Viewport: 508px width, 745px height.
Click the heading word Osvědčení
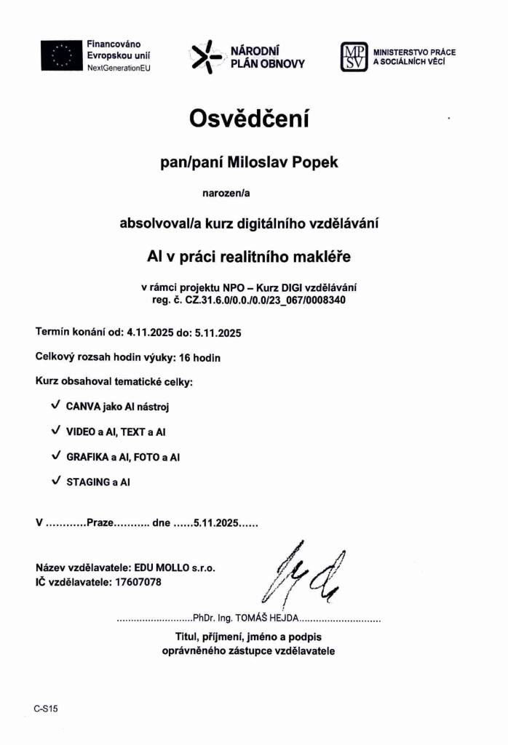[250, 119]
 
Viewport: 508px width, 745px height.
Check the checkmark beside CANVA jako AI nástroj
[56, 406]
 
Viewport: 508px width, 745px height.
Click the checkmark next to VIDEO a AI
[56, 431]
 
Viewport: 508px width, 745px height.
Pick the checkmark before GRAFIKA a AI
[56, 456]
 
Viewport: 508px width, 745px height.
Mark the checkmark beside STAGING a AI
[56, 481]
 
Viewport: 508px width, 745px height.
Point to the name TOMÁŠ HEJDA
[266, 618]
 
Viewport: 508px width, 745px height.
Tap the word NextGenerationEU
[119, 67]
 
